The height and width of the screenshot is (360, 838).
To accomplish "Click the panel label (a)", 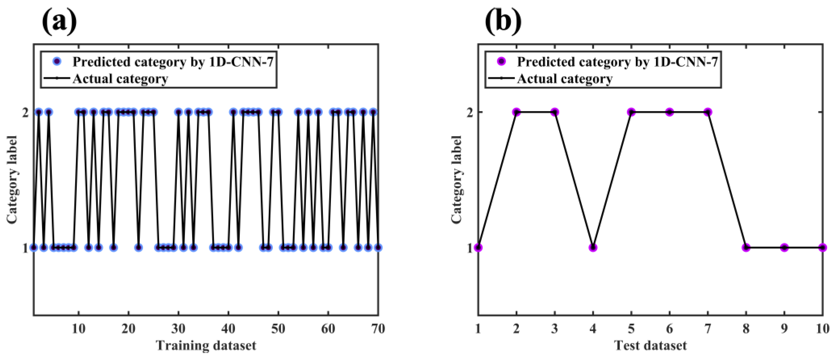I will [x=59, y=22].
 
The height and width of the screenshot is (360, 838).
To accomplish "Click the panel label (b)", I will [x=503, y=22].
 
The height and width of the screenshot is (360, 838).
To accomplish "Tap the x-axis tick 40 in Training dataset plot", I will [x=228, y=329].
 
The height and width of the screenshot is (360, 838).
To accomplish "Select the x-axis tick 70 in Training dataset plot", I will [x=378, y=329].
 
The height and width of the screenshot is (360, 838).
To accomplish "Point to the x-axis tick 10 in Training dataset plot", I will [x=79, y=329].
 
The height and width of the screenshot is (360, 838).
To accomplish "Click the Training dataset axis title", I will [x=206, y=345].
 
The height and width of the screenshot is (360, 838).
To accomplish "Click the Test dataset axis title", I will [x=650, y=345].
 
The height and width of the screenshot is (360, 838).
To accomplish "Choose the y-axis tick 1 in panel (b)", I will [x=469, y=248].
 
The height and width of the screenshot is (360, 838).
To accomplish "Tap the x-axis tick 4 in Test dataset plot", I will [x=593, y=329].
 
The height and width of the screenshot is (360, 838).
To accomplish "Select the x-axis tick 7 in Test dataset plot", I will [x=708, y=329].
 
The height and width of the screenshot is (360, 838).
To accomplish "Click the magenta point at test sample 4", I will [x=593, y=248].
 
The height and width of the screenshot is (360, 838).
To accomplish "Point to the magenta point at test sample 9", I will [x=784, y=248].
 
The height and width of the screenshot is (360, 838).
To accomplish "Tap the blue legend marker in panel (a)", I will [x=57, y=61].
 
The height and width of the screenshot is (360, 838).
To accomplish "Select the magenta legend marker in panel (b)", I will [x=502, y=61].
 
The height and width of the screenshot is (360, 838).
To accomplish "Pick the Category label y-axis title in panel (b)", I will [x=457, y=180].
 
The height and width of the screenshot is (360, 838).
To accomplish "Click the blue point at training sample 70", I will [x=378, y=248].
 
